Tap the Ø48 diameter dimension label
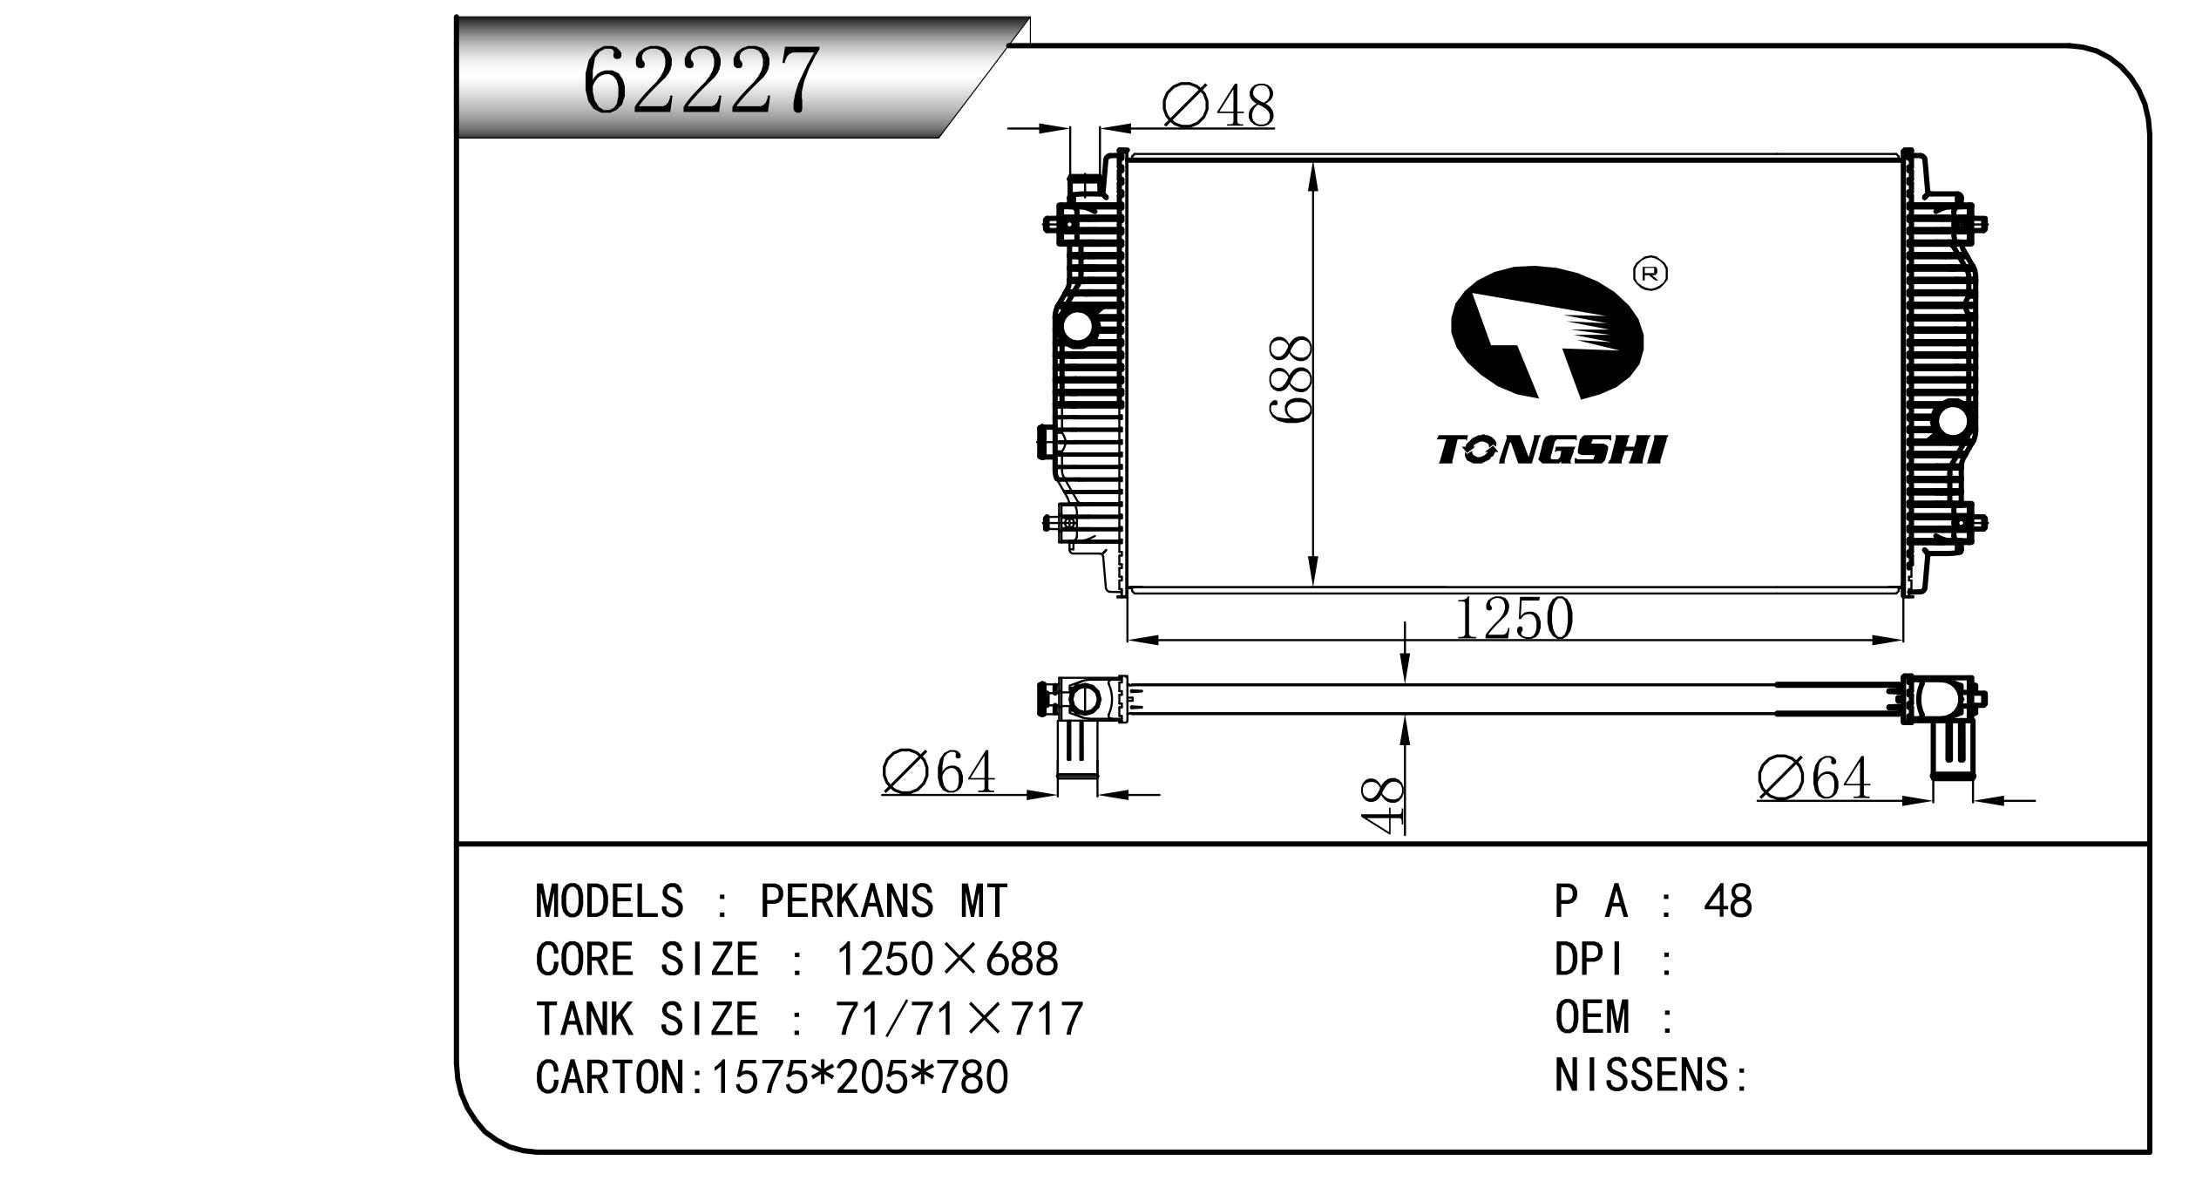click(1218, 106)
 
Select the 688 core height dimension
click(1291, 380)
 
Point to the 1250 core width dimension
click(1515, 619)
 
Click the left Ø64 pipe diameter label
click(938, 772)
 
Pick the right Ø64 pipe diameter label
click(1813, 777)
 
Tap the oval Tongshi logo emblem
click(1547, 332)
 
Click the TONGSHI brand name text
click(1551, 451)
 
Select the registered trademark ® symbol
click(1650, 274)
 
